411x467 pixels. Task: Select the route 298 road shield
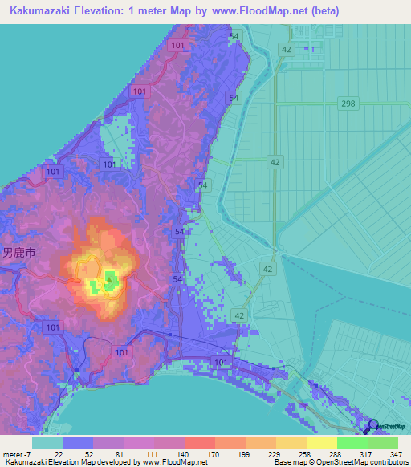347,105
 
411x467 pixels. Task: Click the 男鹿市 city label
18,252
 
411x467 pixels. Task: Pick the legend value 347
397,454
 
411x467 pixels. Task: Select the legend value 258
306,454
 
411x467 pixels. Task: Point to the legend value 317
367,454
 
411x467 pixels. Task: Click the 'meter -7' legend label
18,454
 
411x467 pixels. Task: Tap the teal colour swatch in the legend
47,442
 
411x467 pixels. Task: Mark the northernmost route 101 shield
177,47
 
